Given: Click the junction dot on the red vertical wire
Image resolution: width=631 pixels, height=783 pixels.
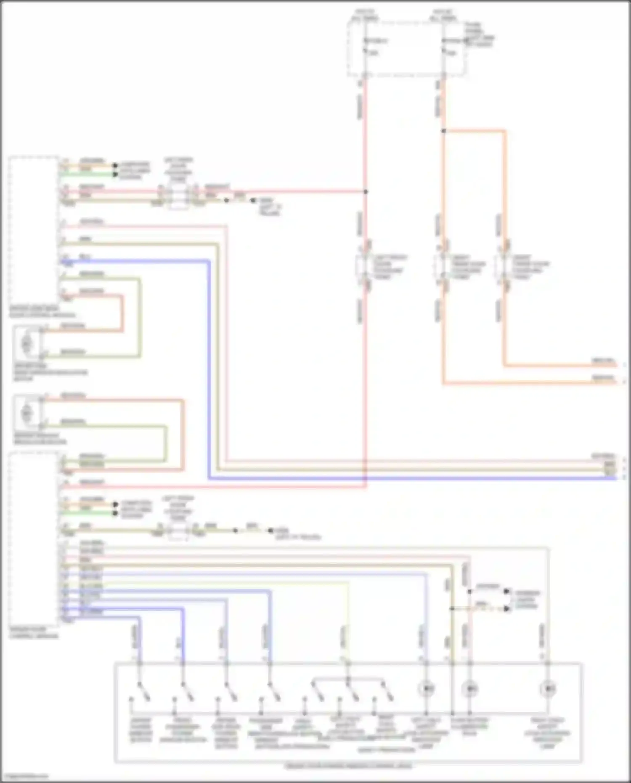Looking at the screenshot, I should [x=366, y=191].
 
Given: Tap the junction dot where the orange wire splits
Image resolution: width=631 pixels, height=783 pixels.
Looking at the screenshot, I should [x=443, y=131].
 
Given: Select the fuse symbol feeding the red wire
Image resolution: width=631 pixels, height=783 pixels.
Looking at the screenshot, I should [x=365, y=46].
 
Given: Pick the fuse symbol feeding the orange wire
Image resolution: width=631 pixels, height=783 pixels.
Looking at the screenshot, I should [x=443, y=46].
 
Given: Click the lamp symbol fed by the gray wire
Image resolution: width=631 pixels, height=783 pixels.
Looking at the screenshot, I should [x=547, y=689].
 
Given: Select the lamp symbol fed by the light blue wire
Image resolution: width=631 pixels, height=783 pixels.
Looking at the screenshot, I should [x=426, y=689].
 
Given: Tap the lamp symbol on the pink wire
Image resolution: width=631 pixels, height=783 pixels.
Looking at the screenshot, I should [x=469, y=689].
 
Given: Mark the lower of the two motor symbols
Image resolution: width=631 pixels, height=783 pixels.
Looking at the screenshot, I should [x=27, y=413].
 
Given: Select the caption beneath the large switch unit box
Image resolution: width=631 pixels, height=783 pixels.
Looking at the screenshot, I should [x=348, y=766].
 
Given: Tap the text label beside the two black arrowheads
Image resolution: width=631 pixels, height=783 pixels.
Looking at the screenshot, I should [x=526, y=600].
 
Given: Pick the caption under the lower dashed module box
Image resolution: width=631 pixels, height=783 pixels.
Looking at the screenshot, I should [x=34, y=633].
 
